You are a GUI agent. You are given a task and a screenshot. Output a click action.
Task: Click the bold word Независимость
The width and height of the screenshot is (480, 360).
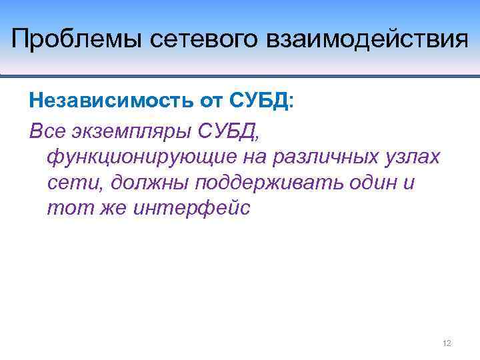110,101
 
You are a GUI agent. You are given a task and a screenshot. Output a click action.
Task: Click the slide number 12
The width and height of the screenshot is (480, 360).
447,343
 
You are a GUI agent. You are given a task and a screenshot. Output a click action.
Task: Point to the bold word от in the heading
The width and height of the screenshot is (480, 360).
210,101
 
